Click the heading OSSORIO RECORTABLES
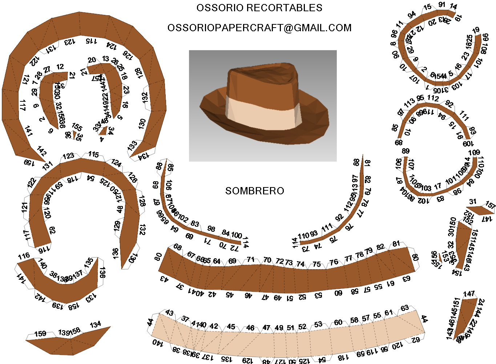[259, 8]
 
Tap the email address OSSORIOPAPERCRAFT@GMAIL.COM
[259, 28]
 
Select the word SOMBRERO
[254, 191]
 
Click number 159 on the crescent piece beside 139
[40, 334]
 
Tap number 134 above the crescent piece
[96, 324]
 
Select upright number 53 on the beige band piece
[318, 324]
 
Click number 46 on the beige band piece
[250, 328]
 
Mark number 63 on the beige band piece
[405, 308]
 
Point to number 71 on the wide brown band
[251, 259]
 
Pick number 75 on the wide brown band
[316, 264]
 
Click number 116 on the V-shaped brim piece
[24, 256]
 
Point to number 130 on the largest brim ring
[142, 124]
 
